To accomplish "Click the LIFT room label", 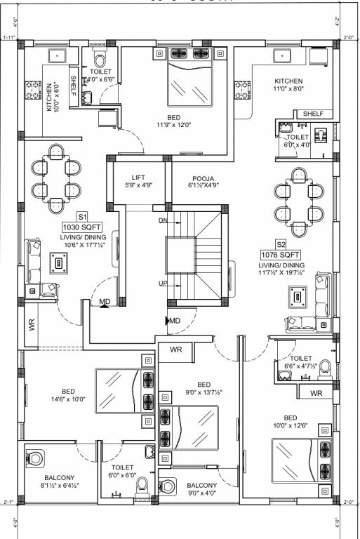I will click(x=138, y=177).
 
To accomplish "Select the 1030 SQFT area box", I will click(x=81, y=227).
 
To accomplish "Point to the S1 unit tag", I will click(x=82, y=218).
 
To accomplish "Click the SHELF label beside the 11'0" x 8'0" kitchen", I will click(x=313, y=114).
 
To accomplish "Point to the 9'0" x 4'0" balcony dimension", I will click(x=201, y=494).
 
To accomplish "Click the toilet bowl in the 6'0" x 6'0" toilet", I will click(x=142, y=485).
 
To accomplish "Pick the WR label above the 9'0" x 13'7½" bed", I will click(x=175, y=348).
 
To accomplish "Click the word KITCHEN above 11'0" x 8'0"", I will click(x=288, y=81).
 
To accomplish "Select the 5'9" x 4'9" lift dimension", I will click(x=138, y=186).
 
